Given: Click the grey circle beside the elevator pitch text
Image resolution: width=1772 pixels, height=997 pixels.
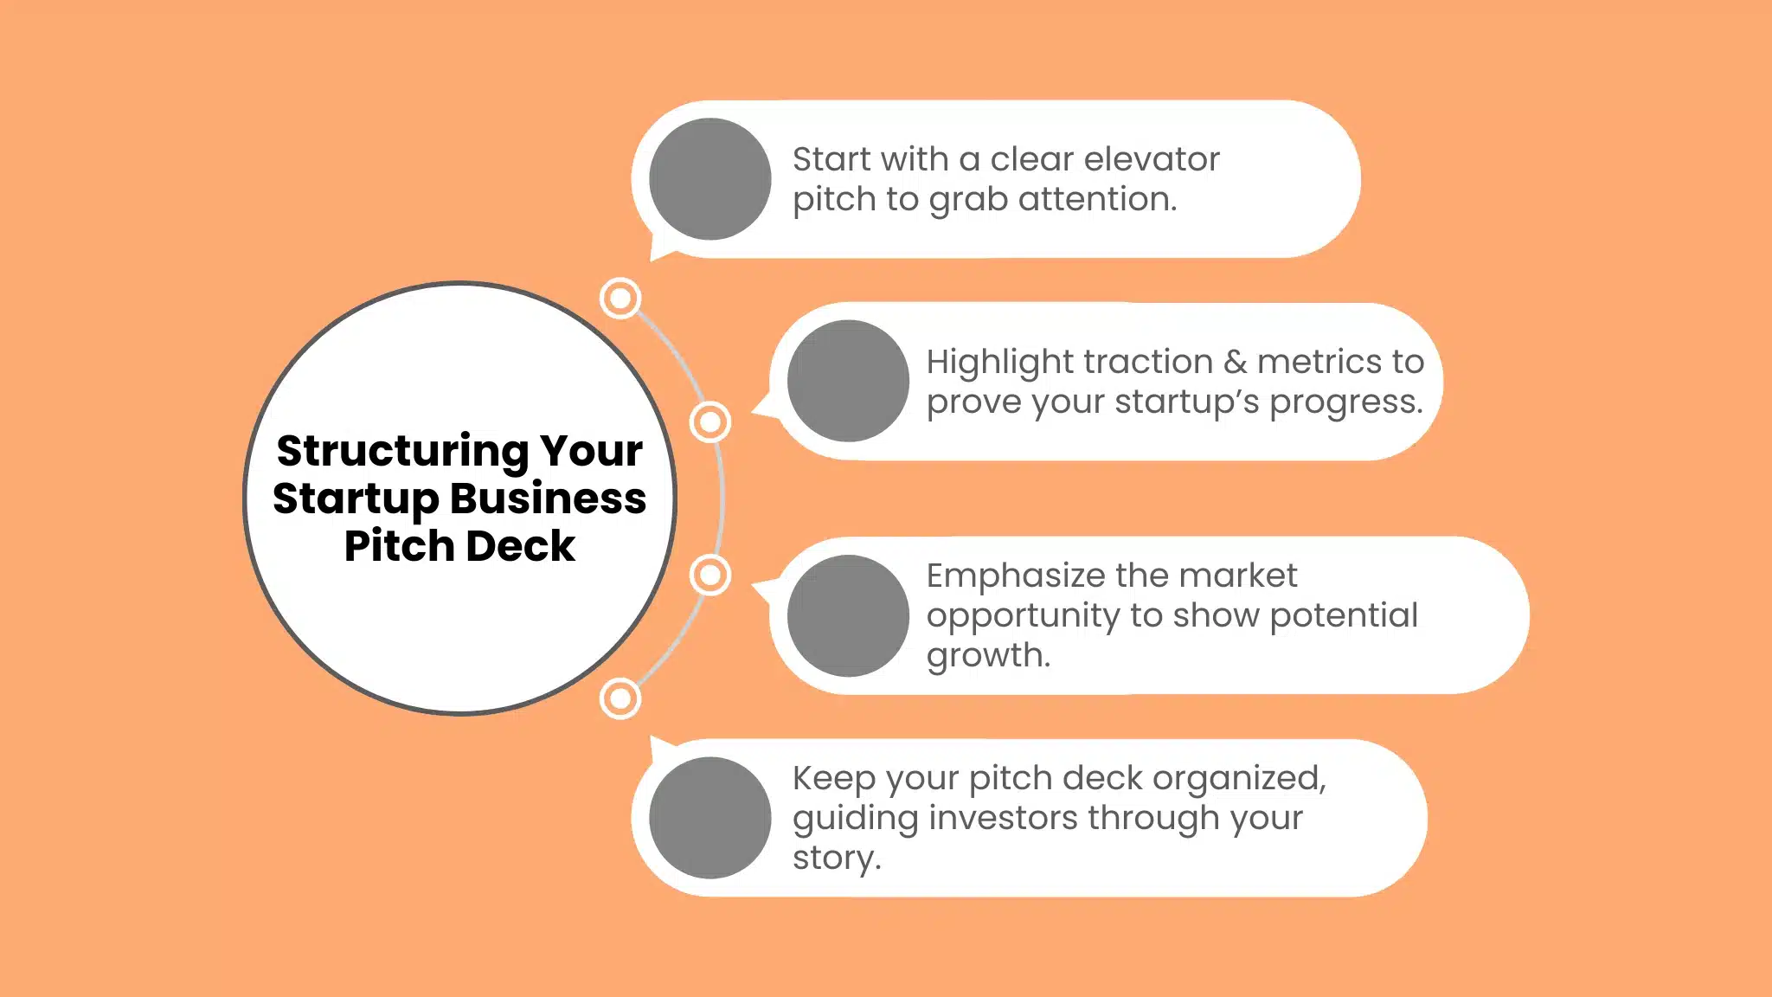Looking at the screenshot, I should pyautogui.click(x=709, y=179).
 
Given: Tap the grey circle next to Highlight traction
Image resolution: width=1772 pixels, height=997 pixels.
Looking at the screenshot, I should pyautogui.click(x=848, y=381).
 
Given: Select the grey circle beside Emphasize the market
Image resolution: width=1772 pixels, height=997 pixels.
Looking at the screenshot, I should pyautogui.click(x=848, y=615).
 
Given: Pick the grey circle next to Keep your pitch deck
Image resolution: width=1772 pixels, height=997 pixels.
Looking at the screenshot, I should pyautogui.click(x=709, y=818).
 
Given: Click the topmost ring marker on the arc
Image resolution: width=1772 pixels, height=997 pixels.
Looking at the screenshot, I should pyautogui.click(x=620, y=299).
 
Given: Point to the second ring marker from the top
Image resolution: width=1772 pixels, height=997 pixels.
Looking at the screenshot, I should pyautogui.click(x=710, y=422).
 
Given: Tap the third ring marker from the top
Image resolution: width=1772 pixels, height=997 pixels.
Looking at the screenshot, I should pyautogui.click(x=710, y=575).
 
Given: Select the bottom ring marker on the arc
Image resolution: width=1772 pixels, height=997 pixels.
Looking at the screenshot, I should pyautogui.click(x=620, y=698).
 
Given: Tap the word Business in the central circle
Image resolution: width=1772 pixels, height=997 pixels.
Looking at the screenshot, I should pyautogui.click(x=548, y=499).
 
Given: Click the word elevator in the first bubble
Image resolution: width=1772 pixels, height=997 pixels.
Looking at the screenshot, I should pyautogui.click(x=1152, y=159).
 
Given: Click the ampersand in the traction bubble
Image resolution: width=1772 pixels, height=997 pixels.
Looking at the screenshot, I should pyautogui.click(x=1235, y=362).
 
